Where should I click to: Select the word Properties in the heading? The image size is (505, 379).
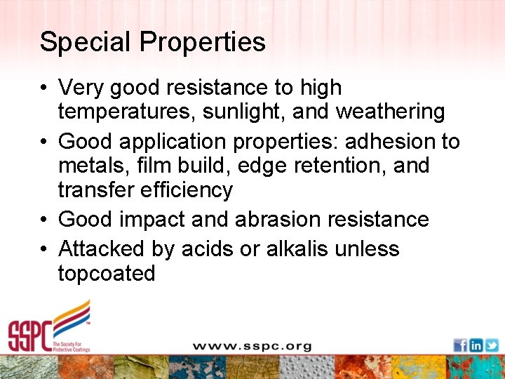(203, 42)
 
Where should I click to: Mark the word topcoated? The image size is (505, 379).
(107, 273)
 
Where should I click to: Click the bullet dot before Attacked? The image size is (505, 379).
(44, 249)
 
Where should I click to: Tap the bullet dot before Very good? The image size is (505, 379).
(44, 88)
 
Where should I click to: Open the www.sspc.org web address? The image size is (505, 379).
(252, 346)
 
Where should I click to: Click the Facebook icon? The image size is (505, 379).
(460, 345)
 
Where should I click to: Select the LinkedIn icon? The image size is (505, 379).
(476, 345)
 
